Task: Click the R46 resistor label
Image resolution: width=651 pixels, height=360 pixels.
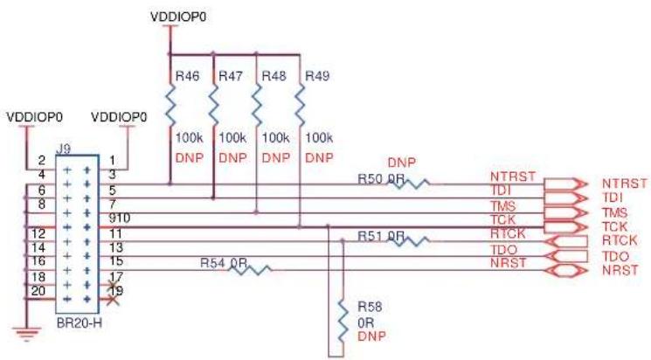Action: (187, 76)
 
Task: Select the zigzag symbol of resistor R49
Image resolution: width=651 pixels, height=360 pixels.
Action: (300, 106)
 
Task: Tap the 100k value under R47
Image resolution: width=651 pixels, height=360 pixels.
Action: (232, 137)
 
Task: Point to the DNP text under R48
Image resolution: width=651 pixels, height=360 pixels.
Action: (276, 158)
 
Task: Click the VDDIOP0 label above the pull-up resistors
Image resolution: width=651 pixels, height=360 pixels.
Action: (178, 17)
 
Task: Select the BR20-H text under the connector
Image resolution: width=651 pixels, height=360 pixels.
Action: (79, 323)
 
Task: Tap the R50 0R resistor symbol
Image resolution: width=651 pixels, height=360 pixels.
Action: (409, 183)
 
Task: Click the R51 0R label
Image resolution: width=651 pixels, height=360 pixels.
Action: (381, 236)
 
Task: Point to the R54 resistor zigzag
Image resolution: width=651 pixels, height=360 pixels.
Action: (251, 270)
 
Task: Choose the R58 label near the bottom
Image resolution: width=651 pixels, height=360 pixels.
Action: (370, 307)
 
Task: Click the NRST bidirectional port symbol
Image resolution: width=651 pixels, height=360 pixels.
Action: (566, 271)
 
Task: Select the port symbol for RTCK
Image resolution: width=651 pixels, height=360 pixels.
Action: (566, 241)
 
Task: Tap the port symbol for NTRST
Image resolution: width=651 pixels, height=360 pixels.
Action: (566, 183)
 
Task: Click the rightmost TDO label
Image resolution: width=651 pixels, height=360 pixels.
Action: (615, 256)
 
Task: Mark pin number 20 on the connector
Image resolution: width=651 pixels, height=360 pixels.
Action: (38, 291)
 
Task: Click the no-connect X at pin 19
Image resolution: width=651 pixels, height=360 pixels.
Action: (113, 300)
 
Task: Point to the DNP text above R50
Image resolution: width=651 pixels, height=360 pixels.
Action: (401, 163)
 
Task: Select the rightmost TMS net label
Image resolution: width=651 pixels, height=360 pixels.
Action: (615, 212)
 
